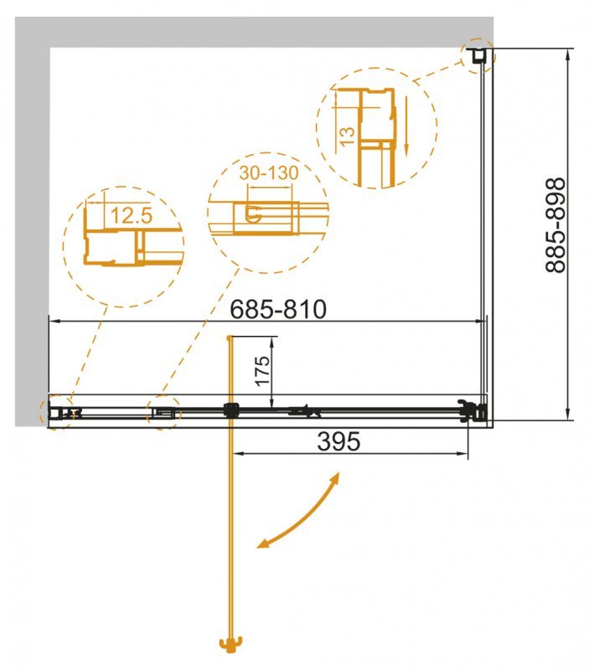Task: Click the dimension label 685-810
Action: (x=277, y=309)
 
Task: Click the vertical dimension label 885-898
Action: (x=555, y=226)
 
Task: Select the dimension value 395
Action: (x=338, y=441)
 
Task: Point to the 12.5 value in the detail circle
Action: (x=131, y=216)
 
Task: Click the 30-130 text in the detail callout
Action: (x=267, y=173)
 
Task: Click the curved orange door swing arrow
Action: (x=300, y=513)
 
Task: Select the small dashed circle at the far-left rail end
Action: (x=55, y=412)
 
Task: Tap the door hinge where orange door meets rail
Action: (x=230, y=410)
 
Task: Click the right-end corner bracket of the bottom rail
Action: (x=473, y=411)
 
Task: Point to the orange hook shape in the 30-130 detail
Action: (x=256, y=215)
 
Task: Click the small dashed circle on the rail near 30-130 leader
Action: (x=163, y=412)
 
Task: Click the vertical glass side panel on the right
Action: (x=484, y=234)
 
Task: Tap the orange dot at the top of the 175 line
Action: (x=229, y=338)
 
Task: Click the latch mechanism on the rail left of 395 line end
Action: (x=303, y=410)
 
